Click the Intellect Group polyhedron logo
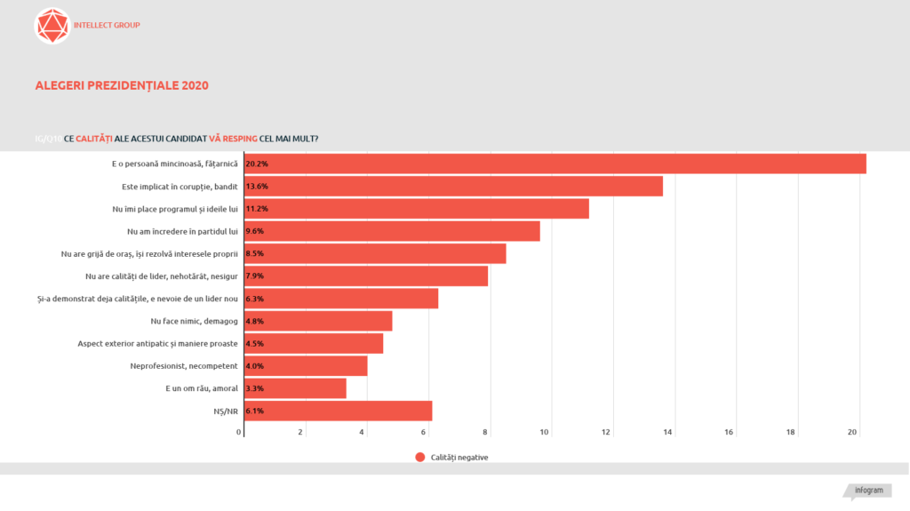[52, 26]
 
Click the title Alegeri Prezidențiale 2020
[122, 86]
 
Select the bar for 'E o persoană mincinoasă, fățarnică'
[555, 164]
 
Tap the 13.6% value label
[257, 187]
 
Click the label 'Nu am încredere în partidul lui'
[183, 231]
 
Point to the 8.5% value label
[255, 254]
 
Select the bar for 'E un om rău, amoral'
[295, 388]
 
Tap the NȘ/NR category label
[226, 411]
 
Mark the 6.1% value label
[255, 411]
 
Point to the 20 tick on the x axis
[852, 433]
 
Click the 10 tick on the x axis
[545, 433]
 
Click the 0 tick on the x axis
[239, 433]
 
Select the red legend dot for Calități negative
[420, 458]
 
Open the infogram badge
[868, 491]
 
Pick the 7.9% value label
[255, 276]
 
